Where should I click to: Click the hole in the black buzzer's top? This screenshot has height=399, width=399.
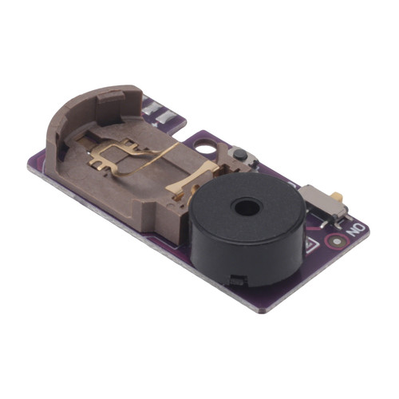pyautogui.click(x=247, y=207)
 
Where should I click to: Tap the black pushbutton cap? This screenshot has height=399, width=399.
pyautogui.click(x=240, y=154)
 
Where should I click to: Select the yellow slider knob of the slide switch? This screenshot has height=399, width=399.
pyautogui.click(x=338, y=196)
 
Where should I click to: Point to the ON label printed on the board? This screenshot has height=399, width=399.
pyautogui.click(x=356, y=230)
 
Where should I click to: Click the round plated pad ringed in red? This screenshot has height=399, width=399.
pyautogui.click(x=337, y=242)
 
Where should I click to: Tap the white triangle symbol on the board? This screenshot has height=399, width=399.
pyautogui.click(x=312, y=245)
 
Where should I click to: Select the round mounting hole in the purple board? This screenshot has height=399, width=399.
pyautogui.click(x=205, y=146)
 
